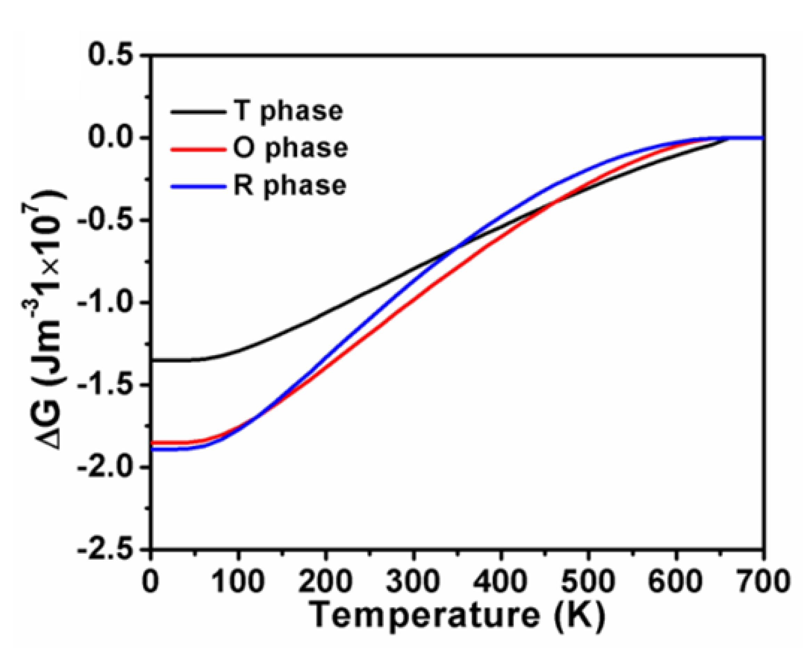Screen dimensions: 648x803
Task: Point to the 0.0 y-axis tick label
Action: click(110, 138)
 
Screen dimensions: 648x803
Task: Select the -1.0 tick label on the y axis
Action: click(105, 302)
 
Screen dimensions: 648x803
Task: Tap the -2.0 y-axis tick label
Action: click(105, 467)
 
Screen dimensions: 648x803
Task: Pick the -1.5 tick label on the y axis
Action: click(105, 384)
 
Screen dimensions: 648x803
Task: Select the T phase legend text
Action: click(288, 111)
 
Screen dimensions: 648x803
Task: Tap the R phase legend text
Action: click(290, 186)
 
